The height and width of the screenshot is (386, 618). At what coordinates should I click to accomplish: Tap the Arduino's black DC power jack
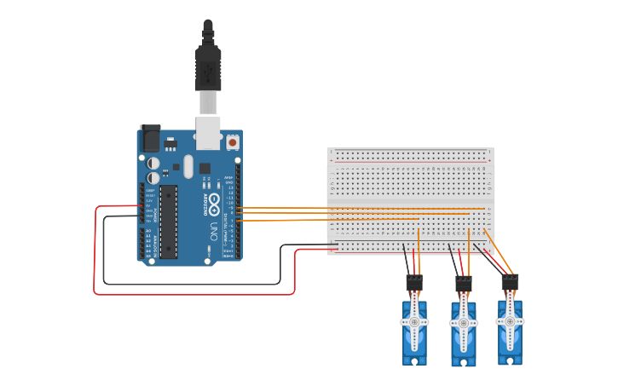(150, 138)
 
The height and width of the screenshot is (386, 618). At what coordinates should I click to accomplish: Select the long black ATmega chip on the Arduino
(169, 221)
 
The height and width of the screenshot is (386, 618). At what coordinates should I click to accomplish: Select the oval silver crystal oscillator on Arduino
(205, 167)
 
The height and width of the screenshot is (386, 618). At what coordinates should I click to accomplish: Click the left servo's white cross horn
(415, 324)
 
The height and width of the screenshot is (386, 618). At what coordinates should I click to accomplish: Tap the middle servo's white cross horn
(464, 324)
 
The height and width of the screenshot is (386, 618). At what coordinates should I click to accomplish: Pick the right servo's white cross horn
(510, 321)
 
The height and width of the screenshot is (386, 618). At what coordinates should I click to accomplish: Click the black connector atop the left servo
(414, 282)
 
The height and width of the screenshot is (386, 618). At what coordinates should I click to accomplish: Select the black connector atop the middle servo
(463, 282)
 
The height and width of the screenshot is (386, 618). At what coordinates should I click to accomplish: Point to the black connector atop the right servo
(511, 281)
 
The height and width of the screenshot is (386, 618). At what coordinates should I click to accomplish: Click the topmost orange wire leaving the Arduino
(281, 207)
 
